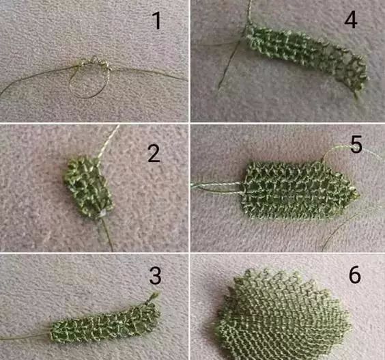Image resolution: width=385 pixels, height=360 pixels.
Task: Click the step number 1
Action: click(156, 21)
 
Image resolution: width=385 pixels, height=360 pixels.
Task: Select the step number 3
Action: click(155, 276)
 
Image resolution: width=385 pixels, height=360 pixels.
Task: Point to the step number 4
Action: click(351, 19)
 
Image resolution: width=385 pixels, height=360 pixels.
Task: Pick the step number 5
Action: click(356, 145)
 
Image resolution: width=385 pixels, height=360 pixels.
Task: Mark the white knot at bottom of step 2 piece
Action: click(102, 214)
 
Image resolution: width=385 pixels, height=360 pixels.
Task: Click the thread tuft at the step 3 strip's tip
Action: click(154, 296)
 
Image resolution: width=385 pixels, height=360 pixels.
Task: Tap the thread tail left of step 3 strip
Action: click(25, 337)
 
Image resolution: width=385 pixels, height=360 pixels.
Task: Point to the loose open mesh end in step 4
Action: click(351, 71)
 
